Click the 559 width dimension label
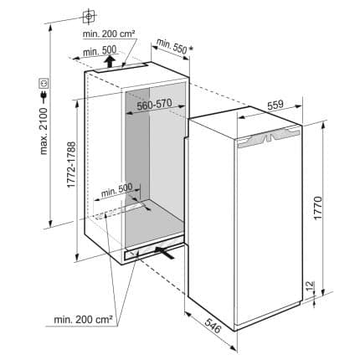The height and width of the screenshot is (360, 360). (275, 105)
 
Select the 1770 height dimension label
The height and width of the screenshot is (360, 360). (317, 208)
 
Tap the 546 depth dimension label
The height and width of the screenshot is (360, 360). (213, 325)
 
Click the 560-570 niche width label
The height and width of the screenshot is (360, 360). (154, 105)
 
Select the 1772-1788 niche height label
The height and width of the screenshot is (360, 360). (71, 165)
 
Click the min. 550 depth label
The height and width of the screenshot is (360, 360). (172, 46)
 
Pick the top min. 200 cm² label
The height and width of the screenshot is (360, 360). (109, 34)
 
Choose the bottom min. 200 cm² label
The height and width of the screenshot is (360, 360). (83, 319)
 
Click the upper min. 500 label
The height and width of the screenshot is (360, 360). (100, 51)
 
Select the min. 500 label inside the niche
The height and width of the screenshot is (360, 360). (117, 190)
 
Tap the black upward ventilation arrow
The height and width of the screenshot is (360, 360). (111, 61)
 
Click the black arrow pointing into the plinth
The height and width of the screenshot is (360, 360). (165, 252)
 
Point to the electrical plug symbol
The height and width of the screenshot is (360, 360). (44, 96)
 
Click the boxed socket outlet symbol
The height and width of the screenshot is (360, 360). (44, 83)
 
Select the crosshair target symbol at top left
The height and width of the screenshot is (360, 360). (89, 16)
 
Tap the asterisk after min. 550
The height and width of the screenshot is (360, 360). (191, 49)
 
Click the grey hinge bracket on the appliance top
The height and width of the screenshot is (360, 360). (269, 136)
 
